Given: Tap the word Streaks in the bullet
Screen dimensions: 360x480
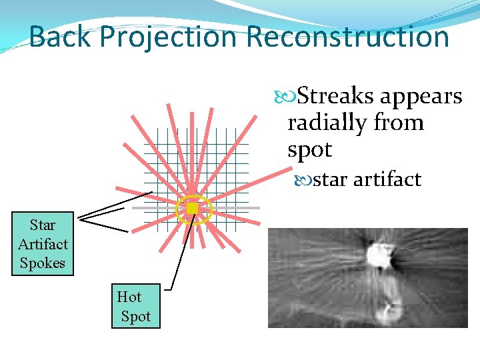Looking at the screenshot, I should point(335,97).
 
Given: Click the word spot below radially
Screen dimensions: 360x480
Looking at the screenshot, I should point(309,150).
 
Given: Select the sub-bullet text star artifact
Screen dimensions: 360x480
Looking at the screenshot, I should point(367,179).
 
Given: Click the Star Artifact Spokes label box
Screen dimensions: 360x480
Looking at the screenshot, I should point(43,243).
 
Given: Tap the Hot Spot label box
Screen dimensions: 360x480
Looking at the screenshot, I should point(135,306).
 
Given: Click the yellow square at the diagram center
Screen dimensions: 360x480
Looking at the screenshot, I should point(193,209).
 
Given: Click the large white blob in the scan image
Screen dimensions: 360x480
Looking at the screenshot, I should point(381,255).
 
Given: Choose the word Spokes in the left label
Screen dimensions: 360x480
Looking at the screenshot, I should point(43,263).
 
